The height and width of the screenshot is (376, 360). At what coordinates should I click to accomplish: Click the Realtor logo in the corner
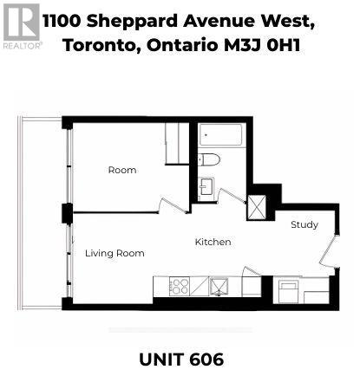[x=21, y=25]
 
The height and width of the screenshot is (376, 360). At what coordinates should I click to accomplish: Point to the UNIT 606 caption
[x=180, y=358]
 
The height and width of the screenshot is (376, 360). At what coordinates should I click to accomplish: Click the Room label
[x=121, y=170]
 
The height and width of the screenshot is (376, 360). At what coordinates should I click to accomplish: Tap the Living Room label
[x=114, y=253]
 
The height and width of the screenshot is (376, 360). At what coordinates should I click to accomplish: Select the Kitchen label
[x=213, y=242]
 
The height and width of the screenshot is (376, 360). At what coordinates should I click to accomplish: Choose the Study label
[x=304, y=224]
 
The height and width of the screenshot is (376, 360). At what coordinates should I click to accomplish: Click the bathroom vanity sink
[x=206, y=186]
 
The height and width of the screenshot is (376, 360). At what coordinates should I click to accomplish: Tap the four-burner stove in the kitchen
[x=180, y=286]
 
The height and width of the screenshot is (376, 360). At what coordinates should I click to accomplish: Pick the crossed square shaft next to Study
[x=259, y=206]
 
